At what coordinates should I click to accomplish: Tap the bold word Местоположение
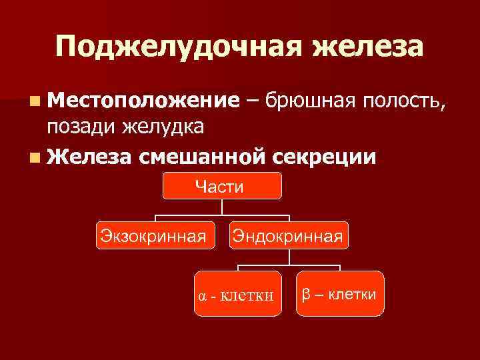(x=143, y=101)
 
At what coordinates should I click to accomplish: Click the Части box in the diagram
(x=223, y=186)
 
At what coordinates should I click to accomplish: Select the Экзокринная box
(x=155, y=235)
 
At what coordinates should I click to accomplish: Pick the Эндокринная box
(x=288, y=235)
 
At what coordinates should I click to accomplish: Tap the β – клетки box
(x=340, y=293)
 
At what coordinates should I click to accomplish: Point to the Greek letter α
(x=202, y=295)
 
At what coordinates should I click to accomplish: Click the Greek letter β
(x=306, y=294)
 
